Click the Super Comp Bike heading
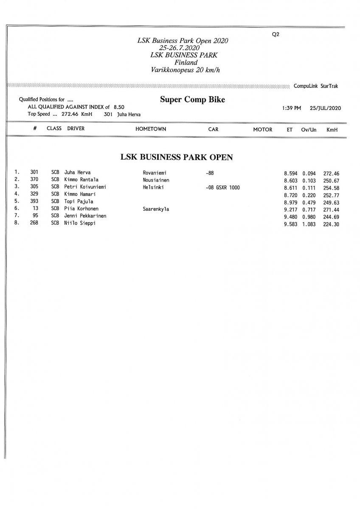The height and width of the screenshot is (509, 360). pos(192,100)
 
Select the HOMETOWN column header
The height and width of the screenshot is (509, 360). pos(151,129)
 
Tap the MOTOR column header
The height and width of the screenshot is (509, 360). pos(262,129)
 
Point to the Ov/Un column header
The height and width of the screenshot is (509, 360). pos(309,129)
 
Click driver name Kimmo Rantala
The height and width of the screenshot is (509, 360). pos(82,180)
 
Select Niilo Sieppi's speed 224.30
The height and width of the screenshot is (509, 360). pos(331,224)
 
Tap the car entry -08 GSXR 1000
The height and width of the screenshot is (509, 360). pos(222,187)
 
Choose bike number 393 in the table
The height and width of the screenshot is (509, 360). pos(34,201)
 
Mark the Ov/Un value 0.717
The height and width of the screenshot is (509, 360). pos(309,209)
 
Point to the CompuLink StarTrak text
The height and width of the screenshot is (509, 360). pos(316,86)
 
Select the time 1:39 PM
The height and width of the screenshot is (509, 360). pos(291,108)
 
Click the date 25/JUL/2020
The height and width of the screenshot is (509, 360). pos(326,108)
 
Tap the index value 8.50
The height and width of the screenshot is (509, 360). pos(119,107)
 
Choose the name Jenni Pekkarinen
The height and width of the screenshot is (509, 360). pos(85,216)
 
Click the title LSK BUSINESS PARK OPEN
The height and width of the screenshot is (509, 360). pos(177,157)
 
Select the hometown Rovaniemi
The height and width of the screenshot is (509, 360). pos(154,173)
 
